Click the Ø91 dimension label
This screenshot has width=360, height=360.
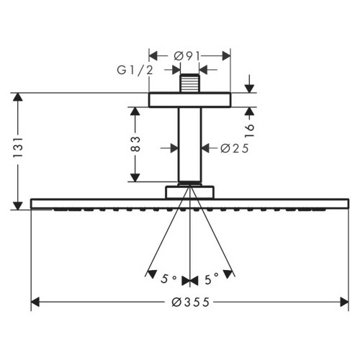(186, 56)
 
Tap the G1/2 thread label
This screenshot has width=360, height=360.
(135, 70)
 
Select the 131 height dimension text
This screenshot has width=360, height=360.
(18, 148)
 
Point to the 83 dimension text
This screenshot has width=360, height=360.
(135, 144)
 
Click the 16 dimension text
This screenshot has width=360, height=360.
(249, 131)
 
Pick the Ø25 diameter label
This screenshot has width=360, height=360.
(235, 148)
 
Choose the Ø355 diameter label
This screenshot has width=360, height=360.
(191, 302)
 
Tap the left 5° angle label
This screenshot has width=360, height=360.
(168, 279)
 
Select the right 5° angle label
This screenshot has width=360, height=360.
(212, 279)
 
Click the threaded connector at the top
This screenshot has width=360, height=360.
(189, 83)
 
